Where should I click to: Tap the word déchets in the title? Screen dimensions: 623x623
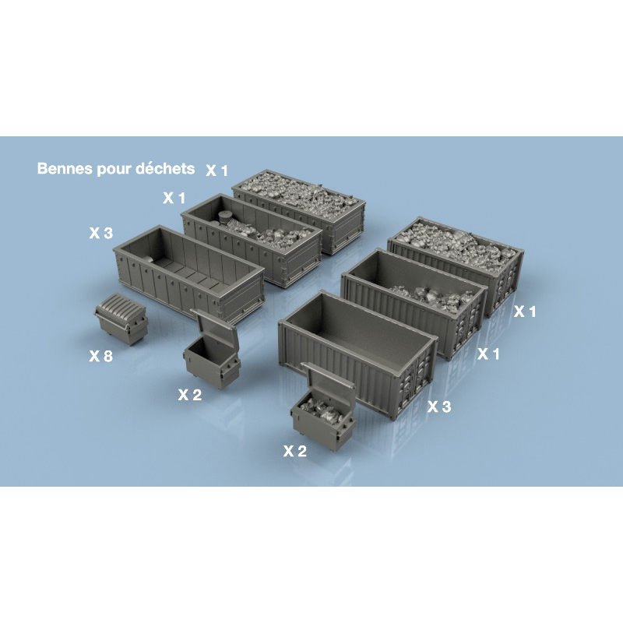tap(167, 168)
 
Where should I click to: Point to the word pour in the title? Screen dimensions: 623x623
tap(116, 169)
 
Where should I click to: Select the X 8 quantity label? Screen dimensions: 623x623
tap(101, 356)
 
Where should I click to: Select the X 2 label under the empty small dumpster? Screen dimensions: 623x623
tap(189, 395)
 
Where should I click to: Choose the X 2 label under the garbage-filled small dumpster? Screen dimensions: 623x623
tap(294, 450)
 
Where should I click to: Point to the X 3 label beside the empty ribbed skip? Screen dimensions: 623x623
tap(101, 233)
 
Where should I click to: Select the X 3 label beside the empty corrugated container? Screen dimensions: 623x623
tap(440, 407)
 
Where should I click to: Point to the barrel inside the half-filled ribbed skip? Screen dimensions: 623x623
tap(225, 219)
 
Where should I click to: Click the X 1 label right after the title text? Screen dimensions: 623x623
tap(217, 170)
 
